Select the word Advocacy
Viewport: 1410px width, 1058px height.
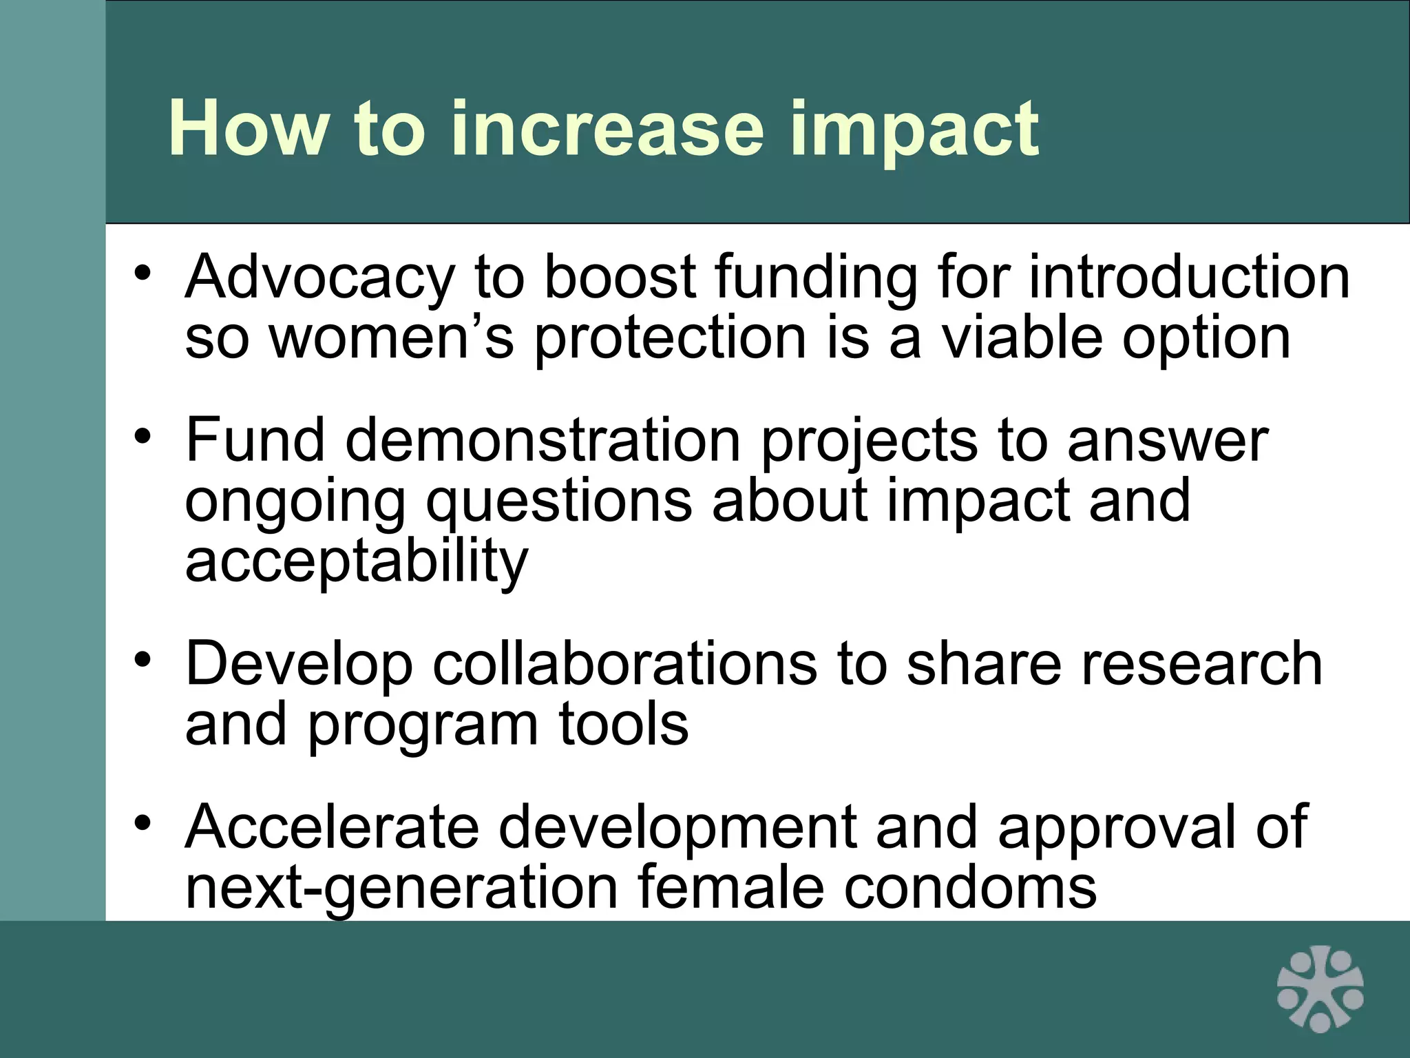click(319, 279)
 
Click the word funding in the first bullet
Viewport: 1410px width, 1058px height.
click(816, 279)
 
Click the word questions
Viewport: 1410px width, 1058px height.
click(558, 501)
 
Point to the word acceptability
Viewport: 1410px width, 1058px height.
click(357, 562)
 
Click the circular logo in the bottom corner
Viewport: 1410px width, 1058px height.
click(1320, 988)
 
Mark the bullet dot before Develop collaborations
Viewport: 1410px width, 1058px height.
click(143, 659)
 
